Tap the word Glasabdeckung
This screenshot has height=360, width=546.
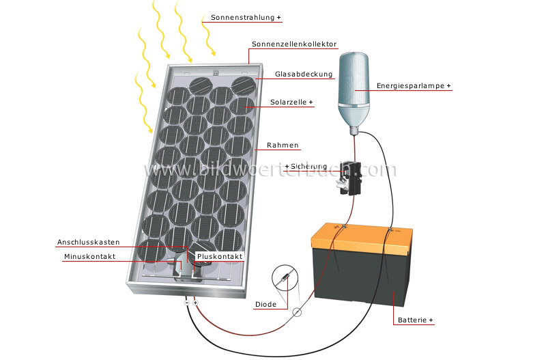click(304, 74)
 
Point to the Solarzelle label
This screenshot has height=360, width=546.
click(289, 102)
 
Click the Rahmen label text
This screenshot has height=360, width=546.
click(283, 146)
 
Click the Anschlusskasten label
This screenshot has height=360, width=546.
click(89, 243)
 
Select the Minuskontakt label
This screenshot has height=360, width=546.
click(89, 257)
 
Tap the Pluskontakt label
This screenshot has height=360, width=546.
click(219, 257)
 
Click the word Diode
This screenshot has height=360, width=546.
click(265, 305)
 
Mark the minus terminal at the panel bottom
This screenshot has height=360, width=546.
click(186, 302)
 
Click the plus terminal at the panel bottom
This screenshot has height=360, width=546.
click(195, 302)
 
